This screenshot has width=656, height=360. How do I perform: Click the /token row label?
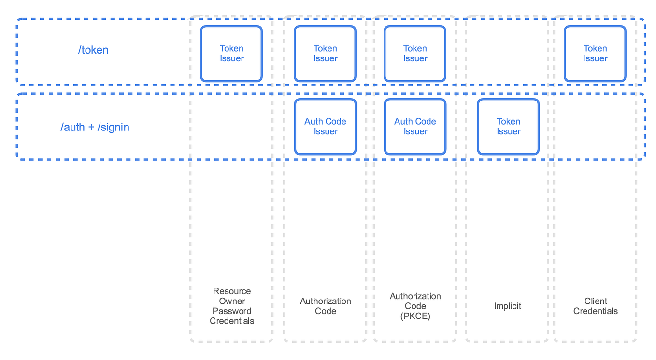[93, 50]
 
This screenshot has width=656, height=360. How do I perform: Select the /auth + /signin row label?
[95, 127]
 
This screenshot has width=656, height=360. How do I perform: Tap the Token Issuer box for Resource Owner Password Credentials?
[231, 54]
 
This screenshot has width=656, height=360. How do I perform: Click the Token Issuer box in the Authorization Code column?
[325, 54]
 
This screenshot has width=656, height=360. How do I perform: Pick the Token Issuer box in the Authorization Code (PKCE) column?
[415, 54]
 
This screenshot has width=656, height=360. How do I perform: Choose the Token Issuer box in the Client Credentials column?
[595, 54]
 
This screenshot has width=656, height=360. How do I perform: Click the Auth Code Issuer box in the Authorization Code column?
[325, 127]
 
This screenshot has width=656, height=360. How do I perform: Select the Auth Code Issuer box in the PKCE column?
[415, 127]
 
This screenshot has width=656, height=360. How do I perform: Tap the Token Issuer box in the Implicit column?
[508, 127]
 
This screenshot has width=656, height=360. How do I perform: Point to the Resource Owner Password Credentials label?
[232, 306]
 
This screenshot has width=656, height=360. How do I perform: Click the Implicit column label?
[508, 306]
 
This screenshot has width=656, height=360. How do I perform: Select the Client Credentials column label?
[595, 306]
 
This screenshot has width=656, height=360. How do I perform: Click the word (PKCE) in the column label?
[415, 316]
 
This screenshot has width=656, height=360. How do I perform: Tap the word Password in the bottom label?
[232, 311]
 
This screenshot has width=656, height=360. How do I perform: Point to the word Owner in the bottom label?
[232, 301]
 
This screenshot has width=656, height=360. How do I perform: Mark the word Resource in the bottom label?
[232, 291]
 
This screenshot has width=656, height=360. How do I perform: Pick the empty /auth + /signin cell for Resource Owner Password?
[232, 127]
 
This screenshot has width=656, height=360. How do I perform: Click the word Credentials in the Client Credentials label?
[595, 311]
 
